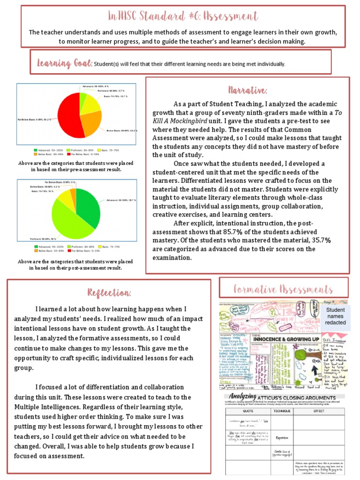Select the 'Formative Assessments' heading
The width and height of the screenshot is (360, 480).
(x=283, y=289)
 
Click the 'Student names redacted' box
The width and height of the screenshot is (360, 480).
(x=336, y=316)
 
